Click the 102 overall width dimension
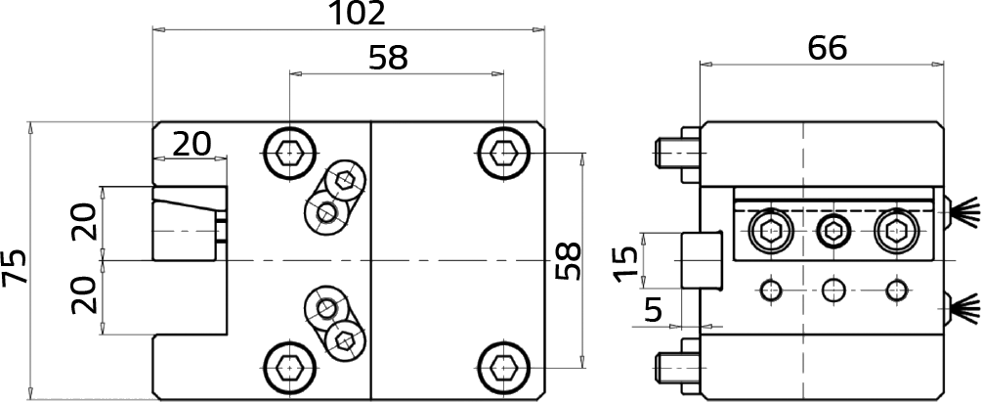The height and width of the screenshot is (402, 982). (x=357, y=14)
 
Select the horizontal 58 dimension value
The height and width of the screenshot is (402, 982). (x=388, y=59)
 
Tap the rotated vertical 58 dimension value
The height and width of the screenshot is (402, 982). (x=570, y=261)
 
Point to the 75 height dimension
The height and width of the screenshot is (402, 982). (x=15, y=267)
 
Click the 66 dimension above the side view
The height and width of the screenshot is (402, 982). (x=828, y=48)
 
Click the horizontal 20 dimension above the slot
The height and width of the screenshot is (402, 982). (x=192, y=145)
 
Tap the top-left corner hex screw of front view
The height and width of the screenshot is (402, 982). (x=288, y=153)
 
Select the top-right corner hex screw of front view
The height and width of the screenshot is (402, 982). (x=503, y=153)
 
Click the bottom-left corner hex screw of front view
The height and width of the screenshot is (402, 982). (x=288, y=365)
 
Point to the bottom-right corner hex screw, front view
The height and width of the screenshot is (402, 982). (x=503, y=365)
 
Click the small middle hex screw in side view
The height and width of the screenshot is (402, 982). (x=833, y=232)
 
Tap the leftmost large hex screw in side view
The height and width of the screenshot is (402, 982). (x=770, y=232)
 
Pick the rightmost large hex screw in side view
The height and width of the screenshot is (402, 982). (x=897, y=232)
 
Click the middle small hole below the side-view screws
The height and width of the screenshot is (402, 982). (x=833, y=290)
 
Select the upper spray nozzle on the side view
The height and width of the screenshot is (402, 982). (x=961, y=214)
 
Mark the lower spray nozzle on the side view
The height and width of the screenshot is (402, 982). (x=961, y=309)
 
